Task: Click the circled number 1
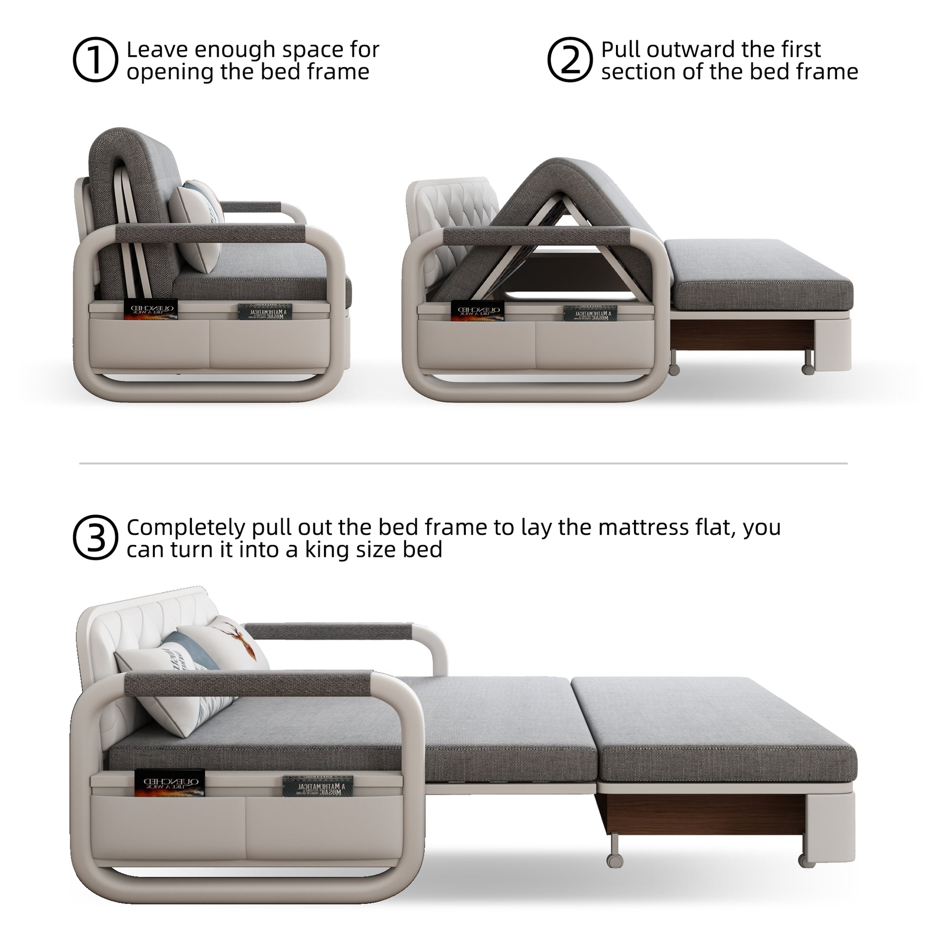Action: tap(95, 60)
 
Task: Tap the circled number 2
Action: tap(570, 60)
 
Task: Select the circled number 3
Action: tap(95, 538)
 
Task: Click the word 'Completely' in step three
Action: tap(186, 527)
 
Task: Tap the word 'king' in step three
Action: tap(329, 550)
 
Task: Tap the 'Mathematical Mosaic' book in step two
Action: tap(590, 314)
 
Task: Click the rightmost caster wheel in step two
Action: tap(807, 369)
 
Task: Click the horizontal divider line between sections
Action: tap(463, 463)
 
